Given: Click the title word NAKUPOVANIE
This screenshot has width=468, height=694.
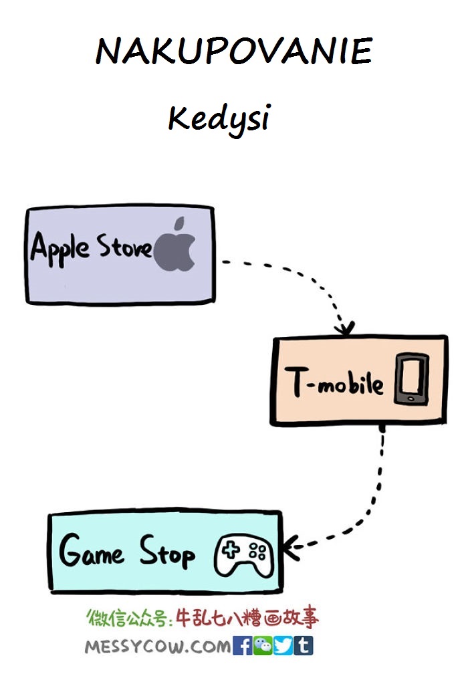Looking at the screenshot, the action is (x=234, y=50).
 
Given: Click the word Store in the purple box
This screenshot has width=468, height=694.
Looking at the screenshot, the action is (x=124, y=246).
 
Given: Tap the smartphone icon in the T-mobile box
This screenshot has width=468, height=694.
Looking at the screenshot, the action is (x=412, y=378).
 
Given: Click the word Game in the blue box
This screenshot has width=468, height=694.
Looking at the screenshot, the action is (x=91, y=550).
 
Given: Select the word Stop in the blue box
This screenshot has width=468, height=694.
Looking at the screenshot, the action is (x=167, y=552).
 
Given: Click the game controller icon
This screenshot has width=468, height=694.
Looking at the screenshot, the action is (x=244, y=556).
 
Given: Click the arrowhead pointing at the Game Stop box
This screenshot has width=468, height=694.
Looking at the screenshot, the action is (x=291, y=548).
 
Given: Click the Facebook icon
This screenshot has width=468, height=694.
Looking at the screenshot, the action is (x=242, y=646).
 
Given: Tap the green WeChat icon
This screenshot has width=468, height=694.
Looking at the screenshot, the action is (x=263, y=646).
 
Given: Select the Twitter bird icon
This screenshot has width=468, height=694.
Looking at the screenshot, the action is (x=283, y=646).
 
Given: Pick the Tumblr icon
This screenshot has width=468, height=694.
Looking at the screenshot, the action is (x=304, y=646).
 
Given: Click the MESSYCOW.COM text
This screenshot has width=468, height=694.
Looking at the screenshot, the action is (x=158, y=647).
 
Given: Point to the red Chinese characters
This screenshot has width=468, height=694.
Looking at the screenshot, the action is (x=247, y=617).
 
